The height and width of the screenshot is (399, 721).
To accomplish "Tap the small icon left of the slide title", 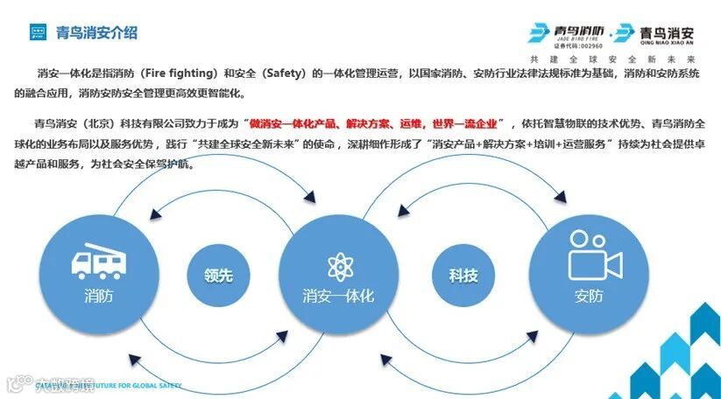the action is (x=37, y=33).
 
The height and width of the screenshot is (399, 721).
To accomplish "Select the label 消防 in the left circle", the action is (x=98, y=296).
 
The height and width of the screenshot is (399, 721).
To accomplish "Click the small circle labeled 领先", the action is (x=213, y=276).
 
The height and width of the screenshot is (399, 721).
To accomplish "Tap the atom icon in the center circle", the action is (x=337, y=263).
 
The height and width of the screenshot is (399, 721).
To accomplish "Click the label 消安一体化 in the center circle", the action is (x=338, y=296).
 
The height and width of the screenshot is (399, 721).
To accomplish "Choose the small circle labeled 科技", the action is (x=463, y=276).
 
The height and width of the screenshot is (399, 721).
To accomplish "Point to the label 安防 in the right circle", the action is (x=589, y=296).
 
